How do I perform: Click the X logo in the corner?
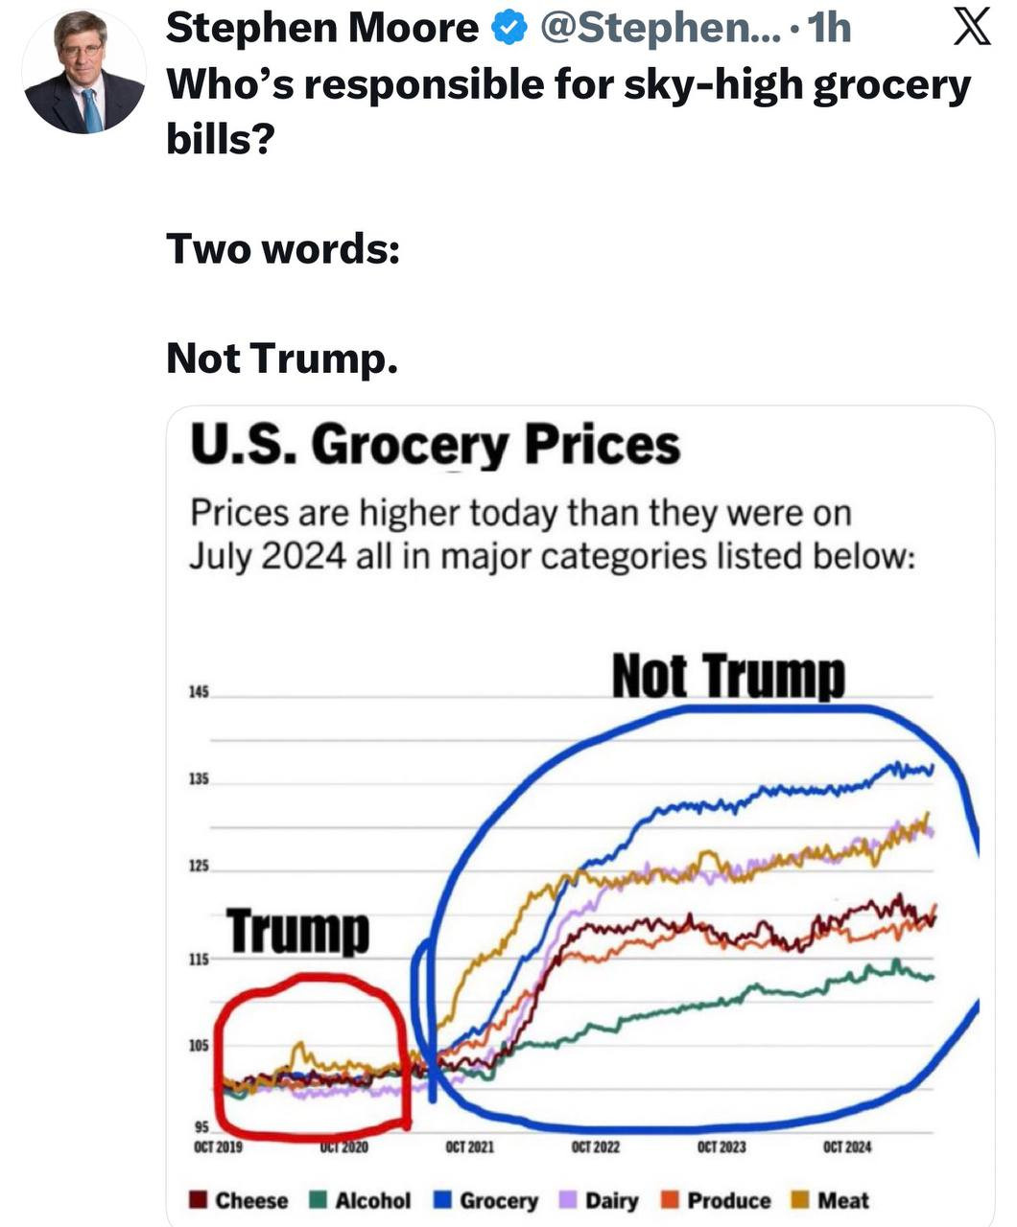click(971, 28)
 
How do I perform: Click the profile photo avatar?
click(84, 72)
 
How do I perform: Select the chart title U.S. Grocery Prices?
click(435, 446)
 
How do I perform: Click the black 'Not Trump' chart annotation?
click(728, 676)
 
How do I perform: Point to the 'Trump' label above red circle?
click(297, 931)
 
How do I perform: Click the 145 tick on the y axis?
click(198, 692)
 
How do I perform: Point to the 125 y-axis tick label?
click(198, 868)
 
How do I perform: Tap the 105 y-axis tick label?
click(198, 1046)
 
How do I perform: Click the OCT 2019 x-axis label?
click(218, 1146)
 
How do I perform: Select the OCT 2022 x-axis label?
click(595, 1146)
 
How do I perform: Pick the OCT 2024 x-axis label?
click(847, 1146)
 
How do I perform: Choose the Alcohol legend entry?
click(362, 1200)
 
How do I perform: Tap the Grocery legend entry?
click(487, 1200)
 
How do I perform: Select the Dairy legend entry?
click(600, 1200)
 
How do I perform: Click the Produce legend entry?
click(718, 1200)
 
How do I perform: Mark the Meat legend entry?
click(831, 1200)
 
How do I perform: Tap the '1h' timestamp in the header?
click(830, 29)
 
